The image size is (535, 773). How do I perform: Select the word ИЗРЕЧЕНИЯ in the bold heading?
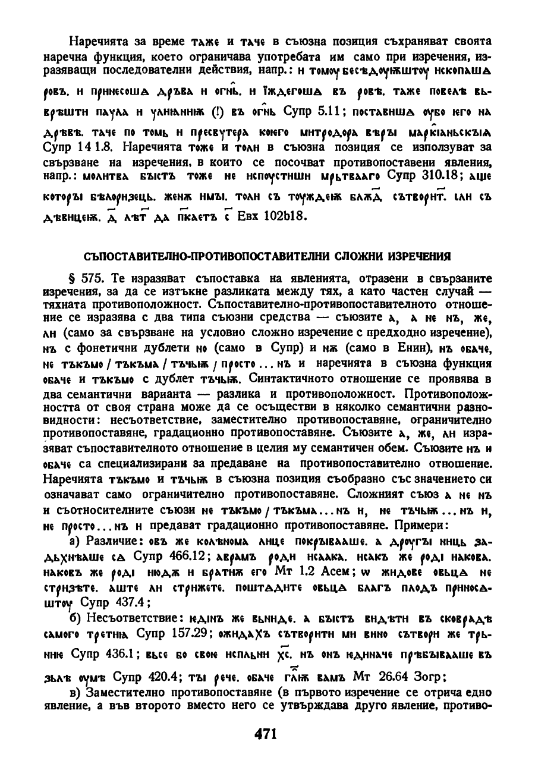[x=417, y=256]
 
